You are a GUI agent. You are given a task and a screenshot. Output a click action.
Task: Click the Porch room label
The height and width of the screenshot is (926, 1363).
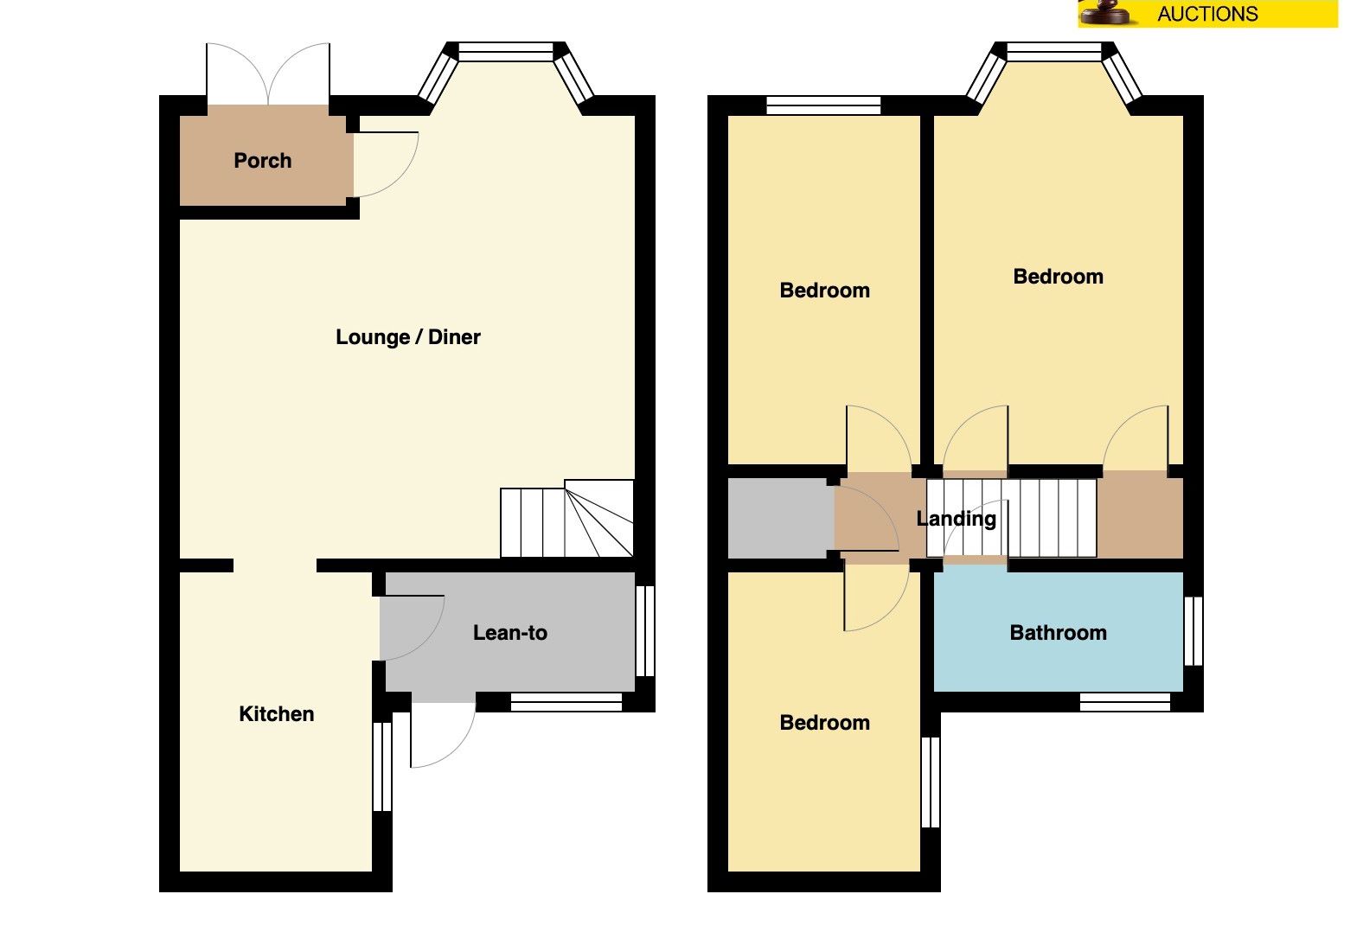(262, 161)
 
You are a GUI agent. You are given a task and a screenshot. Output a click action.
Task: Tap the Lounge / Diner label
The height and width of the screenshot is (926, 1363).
(407, 337)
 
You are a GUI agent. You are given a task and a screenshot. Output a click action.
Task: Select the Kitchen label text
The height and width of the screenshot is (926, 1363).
(276, 713)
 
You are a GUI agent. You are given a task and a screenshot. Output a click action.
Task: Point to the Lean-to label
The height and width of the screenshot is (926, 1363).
(510, 633)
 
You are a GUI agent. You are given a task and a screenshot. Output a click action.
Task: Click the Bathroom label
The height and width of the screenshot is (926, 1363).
(1059, 633)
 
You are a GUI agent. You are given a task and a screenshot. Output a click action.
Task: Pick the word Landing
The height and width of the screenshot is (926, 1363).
(956, 519)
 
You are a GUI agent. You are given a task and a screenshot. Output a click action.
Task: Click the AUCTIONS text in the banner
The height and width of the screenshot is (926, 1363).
(1207, 13)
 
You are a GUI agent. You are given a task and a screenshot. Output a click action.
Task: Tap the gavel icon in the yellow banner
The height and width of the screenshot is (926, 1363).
(1107, 12)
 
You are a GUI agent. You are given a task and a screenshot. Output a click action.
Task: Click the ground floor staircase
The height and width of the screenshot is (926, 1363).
(567, 519)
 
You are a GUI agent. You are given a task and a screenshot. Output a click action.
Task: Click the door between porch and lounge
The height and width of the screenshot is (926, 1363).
(386, 164)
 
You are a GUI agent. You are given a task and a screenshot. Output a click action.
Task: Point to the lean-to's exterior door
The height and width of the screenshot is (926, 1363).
(442, 735)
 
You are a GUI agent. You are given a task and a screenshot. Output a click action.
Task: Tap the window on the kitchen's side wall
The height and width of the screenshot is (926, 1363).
(382, 767)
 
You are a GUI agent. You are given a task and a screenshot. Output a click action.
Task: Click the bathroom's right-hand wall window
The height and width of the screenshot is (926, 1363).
(1193, 631)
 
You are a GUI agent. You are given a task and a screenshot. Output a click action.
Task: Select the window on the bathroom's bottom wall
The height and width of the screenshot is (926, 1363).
(1125, 702)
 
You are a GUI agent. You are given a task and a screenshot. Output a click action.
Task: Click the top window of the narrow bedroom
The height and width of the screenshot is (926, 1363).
(823, 105)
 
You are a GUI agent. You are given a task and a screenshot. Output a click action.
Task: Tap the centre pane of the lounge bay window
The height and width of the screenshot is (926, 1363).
(506, 52)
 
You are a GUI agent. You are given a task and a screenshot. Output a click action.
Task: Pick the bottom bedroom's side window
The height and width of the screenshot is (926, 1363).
(931, 782)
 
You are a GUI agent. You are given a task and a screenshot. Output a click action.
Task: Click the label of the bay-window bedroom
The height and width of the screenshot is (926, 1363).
(1059, 277)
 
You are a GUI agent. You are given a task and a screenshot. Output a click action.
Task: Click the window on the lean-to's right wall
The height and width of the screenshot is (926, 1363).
(645, 631)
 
